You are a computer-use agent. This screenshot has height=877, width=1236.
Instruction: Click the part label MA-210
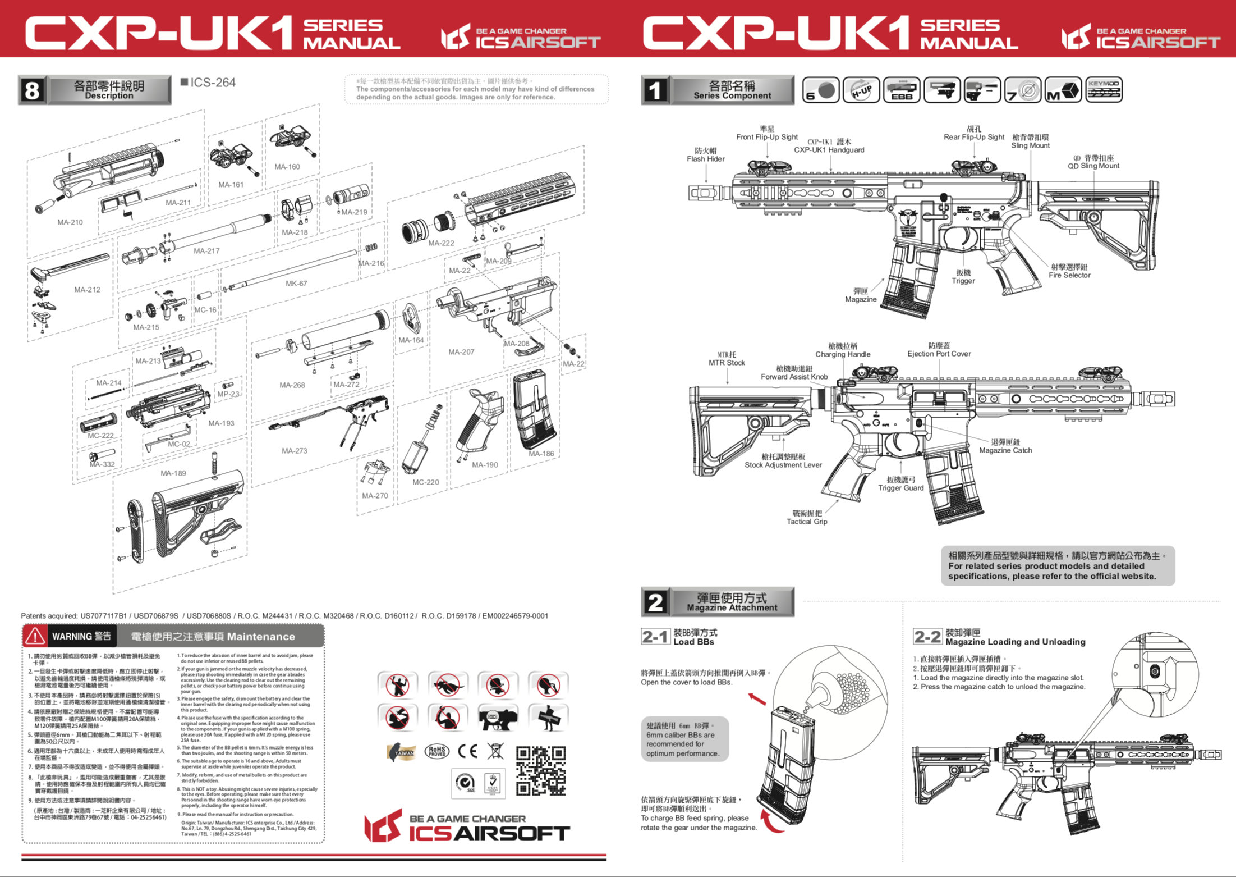[x=70, y=222]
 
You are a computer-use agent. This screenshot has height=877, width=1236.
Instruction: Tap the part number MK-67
[x=296, y=284]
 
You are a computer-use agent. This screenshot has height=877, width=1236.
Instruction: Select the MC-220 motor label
[x=425, y=482]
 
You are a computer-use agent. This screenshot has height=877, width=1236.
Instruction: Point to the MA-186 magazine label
[x=541, y=454]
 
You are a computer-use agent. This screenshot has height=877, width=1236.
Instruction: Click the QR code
[x=541, y=770]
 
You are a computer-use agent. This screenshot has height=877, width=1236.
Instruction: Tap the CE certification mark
[x=467, y=751]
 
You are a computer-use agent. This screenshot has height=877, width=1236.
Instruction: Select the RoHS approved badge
[x=436, y=751]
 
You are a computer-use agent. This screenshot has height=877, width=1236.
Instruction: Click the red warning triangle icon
[x=35, y=636]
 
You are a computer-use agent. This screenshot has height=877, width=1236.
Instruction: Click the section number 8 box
[x=32, y=90]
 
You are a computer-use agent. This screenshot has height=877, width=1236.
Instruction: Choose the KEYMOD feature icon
[x=1104, y=90]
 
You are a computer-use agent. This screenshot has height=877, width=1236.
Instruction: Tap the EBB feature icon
[x=902, y=90]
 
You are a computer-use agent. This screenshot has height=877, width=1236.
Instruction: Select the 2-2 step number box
[x=927, y=637]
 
